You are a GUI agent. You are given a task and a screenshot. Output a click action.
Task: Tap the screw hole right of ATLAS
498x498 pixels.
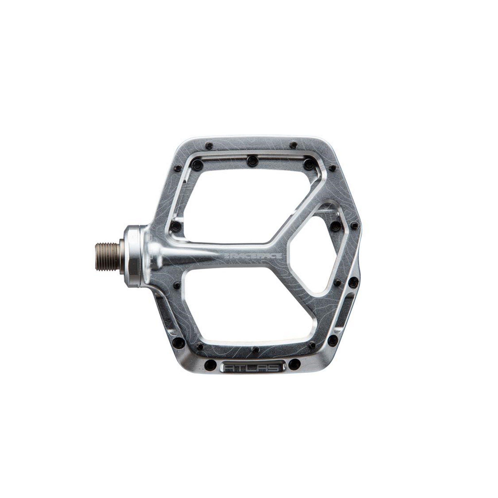tap(293, 364)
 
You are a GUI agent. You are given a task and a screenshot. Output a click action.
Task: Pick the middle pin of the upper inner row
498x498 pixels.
tap(250, 160)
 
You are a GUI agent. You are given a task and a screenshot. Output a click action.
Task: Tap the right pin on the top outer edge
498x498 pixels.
tap(293, 144)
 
